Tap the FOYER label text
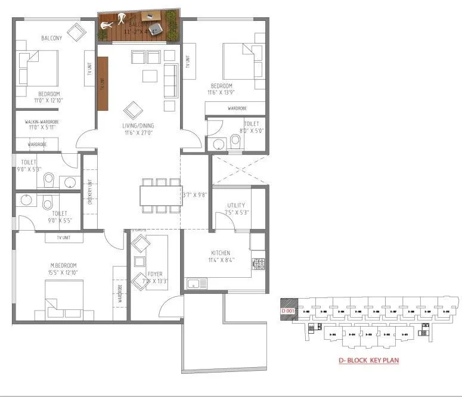pos(155,274)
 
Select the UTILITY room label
pos(235,205)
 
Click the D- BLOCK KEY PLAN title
pos(368,360)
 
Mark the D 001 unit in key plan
pos(288,311)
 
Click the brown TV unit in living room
pos(103,83)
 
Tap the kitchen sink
pos(196,284)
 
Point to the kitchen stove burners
pos(259,263)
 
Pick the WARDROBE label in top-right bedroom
pos(235,108)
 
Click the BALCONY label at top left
pos(52,38)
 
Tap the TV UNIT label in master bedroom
pos(64,237)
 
